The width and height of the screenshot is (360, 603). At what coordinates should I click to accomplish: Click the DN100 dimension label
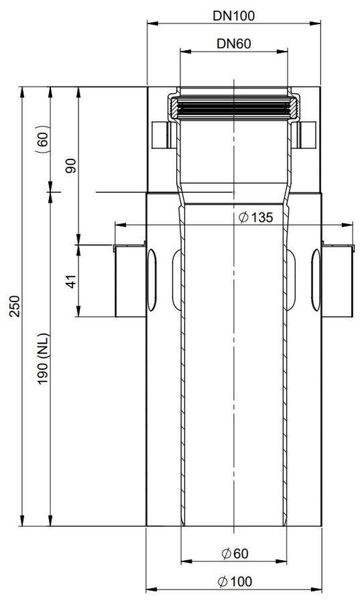(234, 16)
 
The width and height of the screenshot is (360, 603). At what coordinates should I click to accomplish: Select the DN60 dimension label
(234, 44)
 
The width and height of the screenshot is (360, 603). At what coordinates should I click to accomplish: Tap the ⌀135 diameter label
(255, 218)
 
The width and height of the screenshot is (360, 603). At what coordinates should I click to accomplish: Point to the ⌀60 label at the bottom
(235, 554)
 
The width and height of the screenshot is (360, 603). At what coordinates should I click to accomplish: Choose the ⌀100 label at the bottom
(235, 582)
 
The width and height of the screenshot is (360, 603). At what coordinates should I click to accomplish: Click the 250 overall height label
(15, 306)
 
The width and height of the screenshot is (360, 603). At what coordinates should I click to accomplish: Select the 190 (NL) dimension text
(43, 358)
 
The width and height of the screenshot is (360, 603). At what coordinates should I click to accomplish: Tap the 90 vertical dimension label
(71, 165)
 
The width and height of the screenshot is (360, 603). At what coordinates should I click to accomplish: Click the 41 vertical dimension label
(71, 281)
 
